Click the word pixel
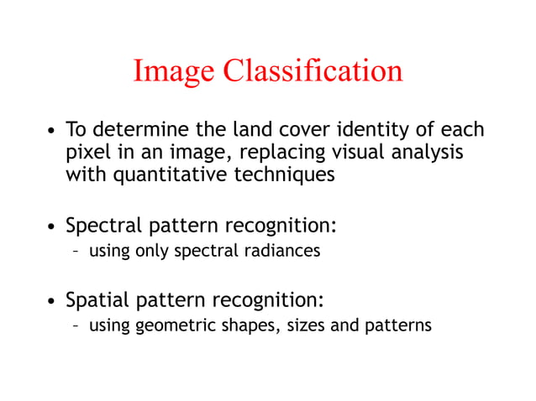click(87, 154)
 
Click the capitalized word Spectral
click(101, 227)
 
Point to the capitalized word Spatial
click(95, 299)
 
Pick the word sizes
click(305, 325)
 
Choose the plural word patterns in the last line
click(397, 325)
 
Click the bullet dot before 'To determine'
click(52, 132)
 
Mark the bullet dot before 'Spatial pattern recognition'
click(52, 300)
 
